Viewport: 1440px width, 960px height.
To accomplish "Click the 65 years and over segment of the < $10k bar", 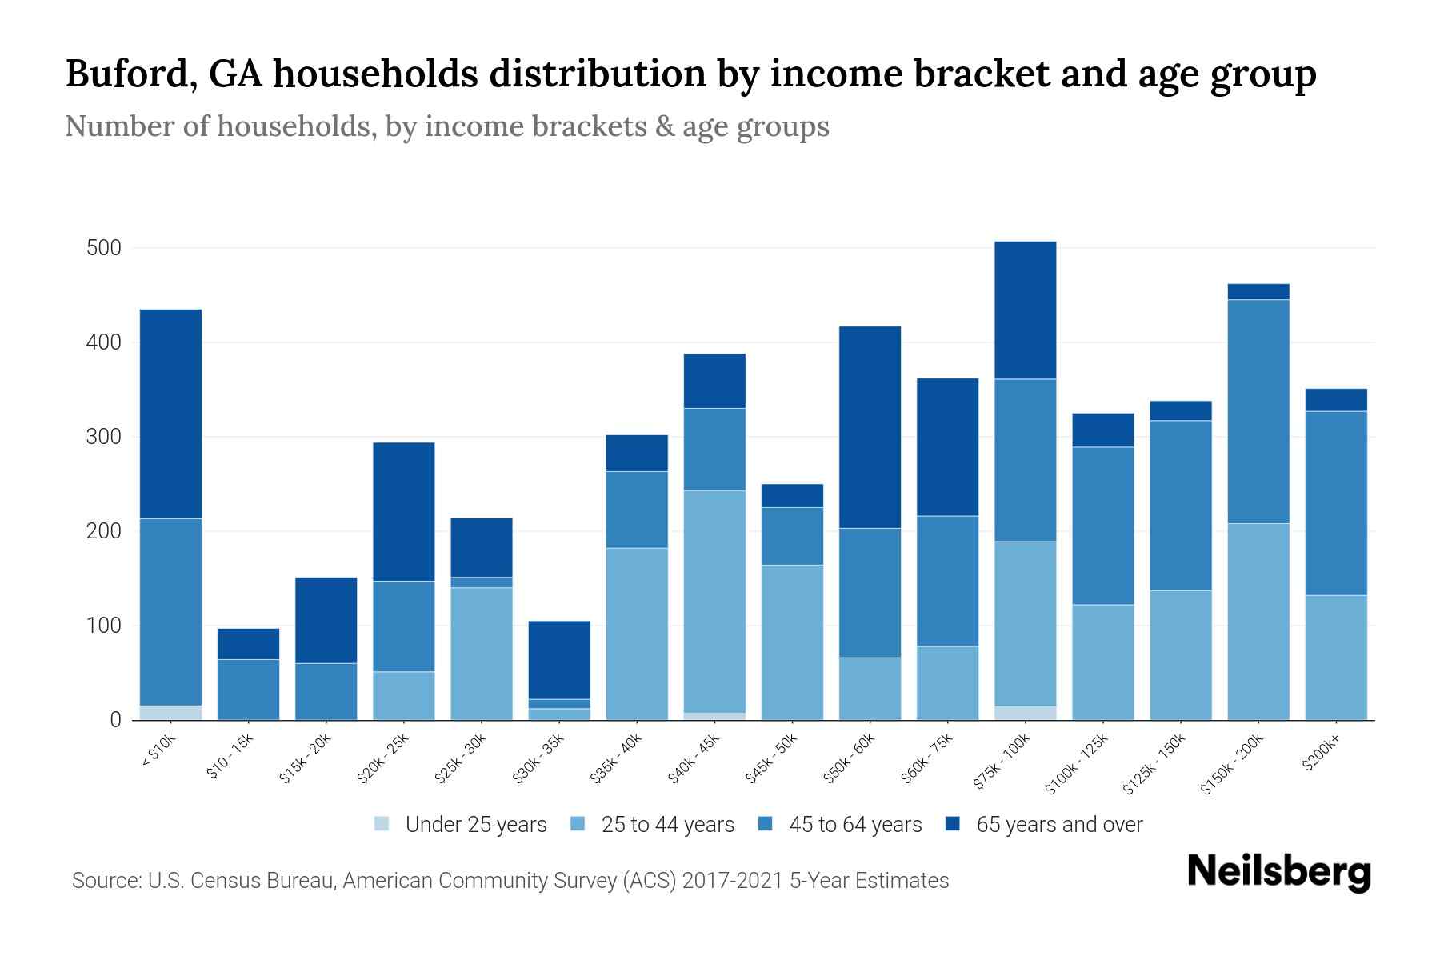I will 170,414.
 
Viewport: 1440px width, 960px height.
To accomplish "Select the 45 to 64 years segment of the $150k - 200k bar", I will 1258,411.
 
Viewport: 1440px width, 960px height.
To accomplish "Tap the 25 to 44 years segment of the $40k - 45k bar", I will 714,601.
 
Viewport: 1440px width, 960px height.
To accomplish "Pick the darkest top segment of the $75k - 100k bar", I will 1025,310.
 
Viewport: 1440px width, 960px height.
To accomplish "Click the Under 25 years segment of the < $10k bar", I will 170,712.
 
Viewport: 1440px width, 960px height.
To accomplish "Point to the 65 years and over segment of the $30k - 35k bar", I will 559,659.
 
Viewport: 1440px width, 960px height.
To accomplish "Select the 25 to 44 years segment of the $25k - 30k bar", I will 482,654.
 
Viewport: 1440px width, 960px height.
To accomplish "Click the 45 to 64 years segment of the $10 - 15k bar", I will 248,689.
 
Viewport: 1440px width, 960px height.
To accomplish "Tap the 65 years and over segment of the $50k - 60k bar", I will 870,426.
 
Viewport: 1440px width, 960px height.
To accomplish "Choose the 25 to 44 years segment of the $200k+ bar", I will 1335,657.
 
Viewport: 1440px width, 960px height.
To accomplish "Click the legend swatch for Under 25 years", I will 382,823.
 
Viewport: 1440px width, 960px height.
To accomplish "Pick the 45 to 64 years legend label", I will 854,825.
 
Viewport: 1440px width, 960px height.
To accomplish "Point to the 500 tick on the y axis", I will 103,248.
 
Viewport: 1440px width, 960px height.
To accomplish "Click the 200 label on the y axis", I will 103,531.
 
